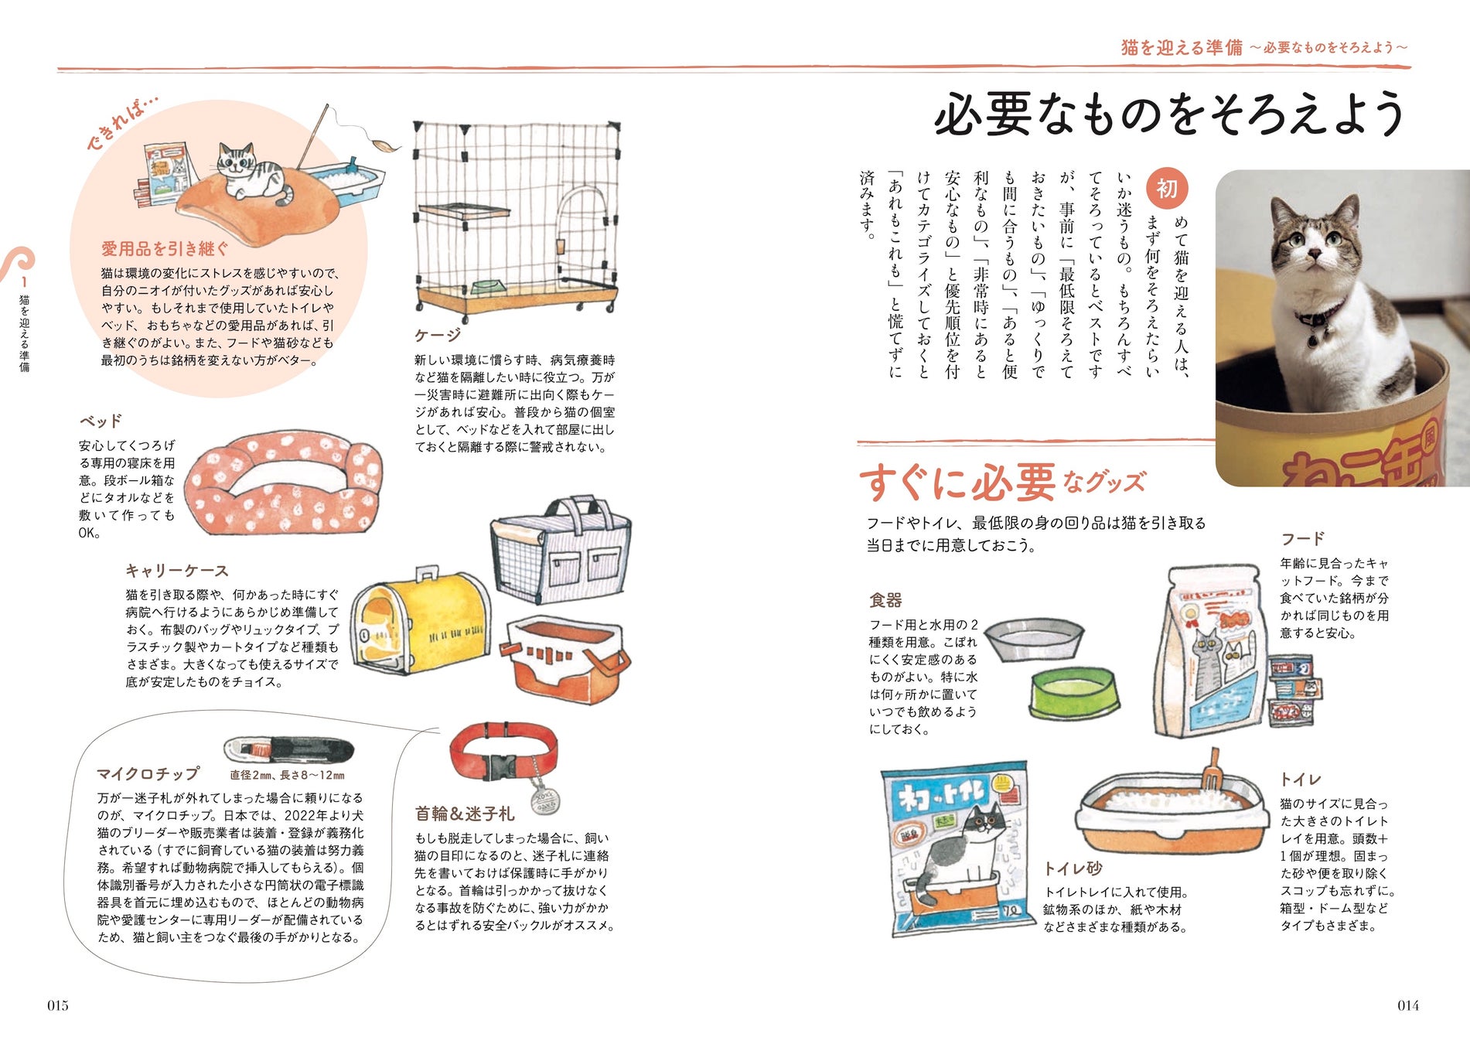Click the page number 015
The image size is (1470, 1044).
point(58,1005)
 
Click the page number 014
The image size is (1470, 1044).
point(1408,1005)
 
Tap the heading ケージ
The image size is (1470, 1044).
point(438,334)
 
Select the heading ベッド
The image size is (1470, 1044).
point(101,421)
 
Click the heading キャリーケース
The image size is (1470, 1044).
point(177,571)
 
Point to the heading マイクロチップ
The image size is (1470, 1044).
point(148,773)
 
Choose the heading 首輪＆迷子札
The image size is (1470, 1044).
point(464,814)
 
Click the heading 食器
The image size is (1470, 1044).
point(885,600)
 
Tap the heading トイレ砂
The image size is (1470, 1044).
point(1073,868)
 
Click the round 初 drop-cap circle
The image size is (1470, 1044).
point(1167,188)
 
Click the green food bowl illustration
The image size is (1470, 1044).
point(1074,692)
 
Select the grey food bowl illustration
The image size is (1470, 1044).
point(1033,637)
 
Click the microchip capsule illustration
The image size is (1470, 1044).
point(288,749)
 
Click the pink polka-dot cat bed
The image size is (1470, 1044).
point(285,483)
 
